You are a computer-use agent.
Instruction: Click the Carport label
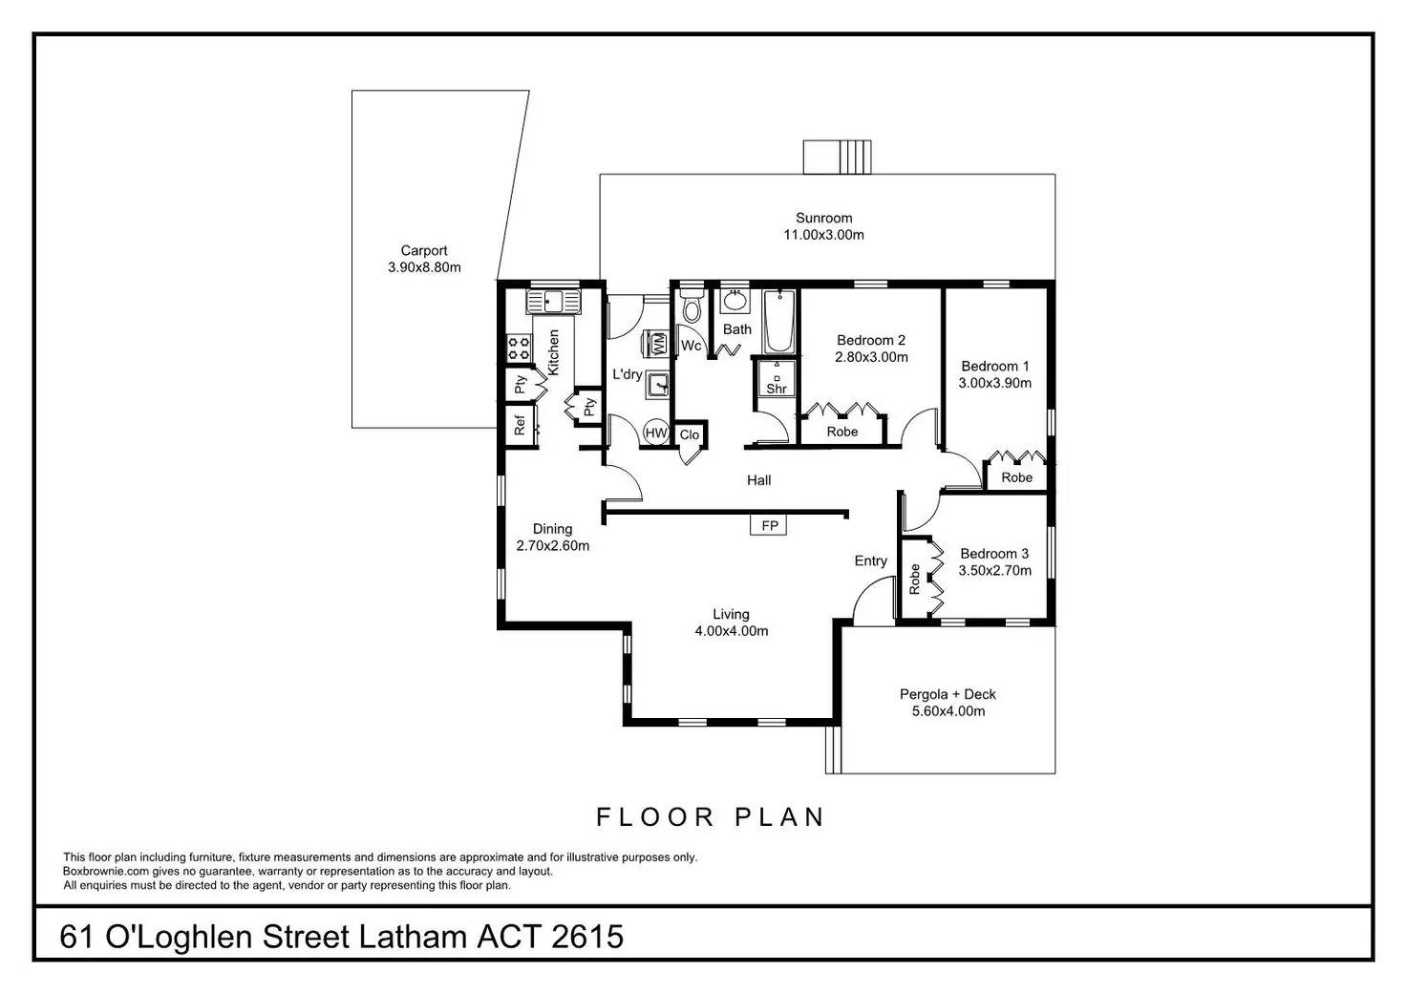tap(424, 251)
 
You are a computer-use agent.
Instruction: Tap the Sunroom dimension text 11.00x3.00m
tap(823, 235)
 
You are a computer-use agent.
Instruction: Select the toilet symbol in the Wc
tap(692, 308)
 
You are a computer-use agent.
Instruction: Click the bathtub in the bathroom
tap(778, 322)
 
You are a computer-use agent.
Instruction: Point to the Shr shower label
tap(777, 389)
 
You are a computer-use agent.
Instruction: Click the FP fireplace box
tap(769, 526)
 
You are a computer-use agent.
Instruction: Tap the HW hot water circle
tap(655, 433)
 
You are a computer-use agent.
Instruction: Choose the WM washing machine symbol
tap(658, 344)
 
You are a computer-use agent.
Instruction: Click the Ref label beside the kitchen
tap(520, 425)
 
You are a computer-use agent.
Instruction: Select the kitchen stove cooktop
tap(520, 349)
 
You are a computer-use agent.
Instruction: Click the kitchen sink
tap(554, 304)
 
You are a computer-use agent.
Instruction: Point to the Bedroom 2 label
tap(870, 340)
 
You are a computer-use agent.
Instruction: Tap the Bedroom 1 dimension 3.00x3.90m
tap(994, 383)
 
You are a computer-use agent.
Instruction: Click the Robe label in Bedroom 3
tap(915, 579)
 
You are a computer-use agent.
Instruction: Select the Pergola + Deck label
tap(948, 694)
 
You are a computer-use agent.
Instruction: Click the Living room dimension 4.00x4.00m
tap(731, 630)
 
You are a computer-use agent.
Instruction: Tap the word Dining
tap(552, 529)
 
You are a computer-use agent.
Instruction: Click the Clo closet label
tap(690, 435)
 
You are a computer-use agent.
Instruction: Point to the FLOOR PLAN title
tap(710, 817)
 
